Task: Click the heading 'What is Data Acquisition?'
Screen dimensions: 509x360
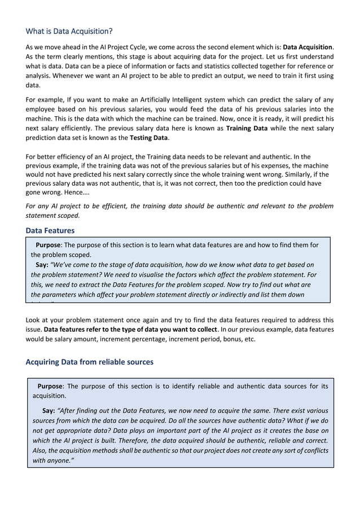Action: [x=69, y=30]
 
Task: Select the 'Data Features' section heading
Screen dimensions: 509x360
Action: [x=50, y=230]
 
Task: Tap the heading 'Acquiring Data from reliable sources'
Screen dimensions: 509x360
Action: [x=90, y=362]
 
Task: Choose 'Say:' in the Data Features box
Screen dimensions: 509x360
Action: [x=42, y=264]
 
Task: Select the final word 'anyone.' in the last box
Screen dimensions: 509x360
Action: [x=59, y=460]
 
